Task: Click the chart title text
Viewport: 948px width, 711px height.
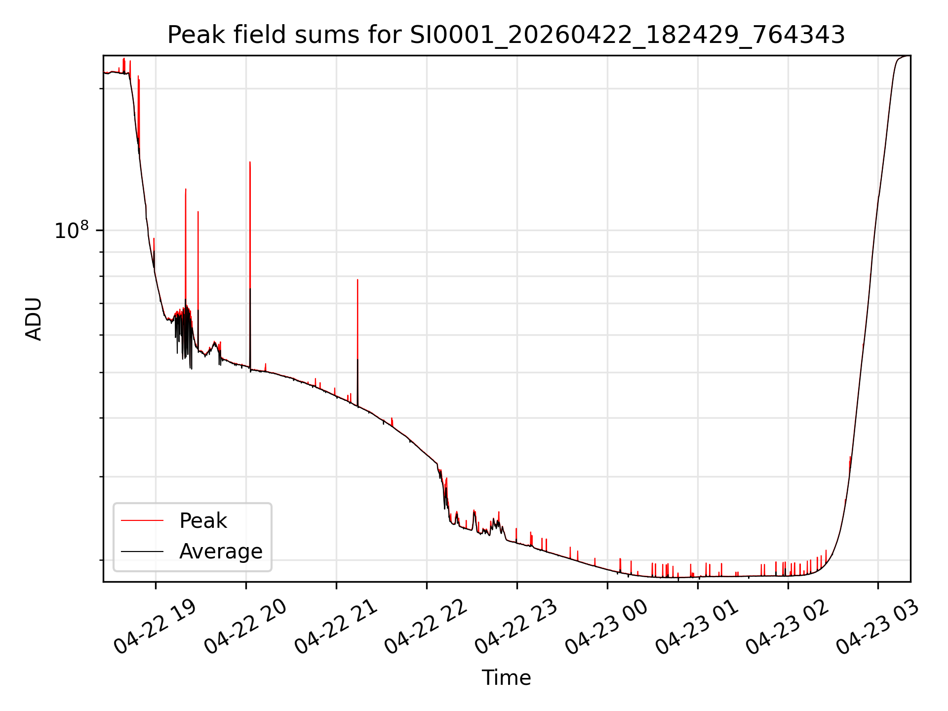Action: [x=506, y=35]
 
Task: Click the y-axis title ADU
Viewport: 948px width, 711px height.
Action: [x=34, y=319]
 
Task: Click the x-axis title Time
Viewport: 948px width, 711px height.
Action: [x=506, y=678]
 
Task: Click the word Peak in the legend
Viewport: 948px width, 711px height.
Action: [x=203, y=521]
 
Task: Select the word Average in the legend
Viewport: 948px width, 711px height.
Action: [x=221, y=551]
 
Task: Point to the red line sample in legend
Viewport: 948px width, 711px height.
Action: [x=142, y=520]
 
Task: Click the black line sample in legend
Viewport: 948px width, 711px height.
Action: [x=142, y=551]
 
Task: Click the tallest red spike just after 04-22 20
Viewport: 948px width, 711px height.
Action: [x=250, y=162]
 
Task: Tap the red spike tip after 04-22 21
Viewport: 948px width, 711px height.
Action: [x=357, y=280]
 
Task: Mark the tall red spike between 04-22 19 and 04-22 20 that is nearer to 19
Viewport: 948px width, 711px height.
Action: [x=186, y=189]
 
